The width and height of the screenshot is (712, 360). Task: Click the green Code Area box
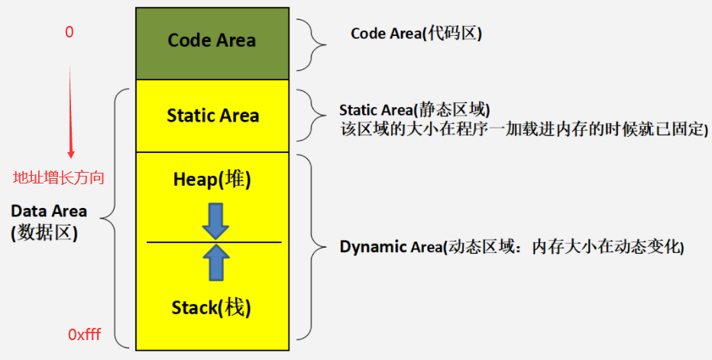(212, 41)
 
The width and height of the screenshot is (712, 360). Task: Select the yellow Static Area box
(212, 116)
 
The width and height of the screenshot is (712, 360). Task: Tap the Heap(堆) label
(212, 180)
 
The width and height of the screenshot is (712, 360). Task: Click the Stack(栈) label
(212, 308)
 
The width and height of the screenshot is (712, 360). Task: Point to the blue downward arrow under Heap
(216, 219)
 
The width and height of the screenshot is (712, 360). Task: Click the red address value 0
(70, 34)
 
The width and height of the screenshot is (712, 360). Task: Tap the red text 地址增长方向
(59, 178)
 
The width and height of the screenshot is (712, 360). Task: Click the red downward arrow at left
(71, 115)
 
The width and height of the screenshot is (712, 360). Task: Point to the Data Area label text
(49, 211)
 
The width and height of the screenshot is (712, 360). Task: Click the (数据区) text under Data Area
(44, 233)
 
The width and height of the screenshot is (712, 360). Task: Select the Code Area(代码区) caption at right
(416, 34)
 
